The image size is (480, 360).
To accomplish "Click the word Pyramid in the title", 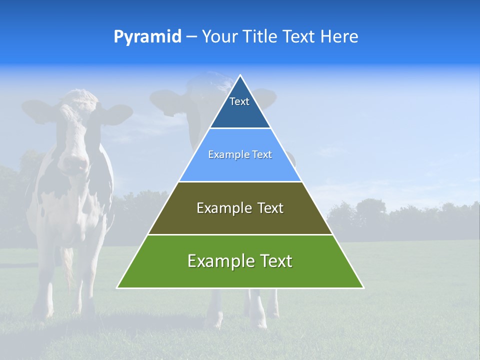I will pos(147,37).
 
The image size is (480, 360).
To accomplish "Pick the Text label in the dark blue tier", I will pos(239,101).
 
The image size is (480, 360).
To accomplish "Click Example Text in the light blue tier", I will pos(240,154).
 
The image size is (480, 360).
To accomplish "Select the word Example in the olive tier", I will pos(222,208).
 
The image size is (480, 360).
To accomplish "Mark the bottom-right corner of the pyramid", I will pos(363,287).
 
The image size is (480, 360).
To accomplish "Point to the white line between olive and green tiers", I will pos(240,234).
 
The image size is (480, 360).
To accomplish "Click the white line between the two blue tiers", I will pos(240,128).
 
